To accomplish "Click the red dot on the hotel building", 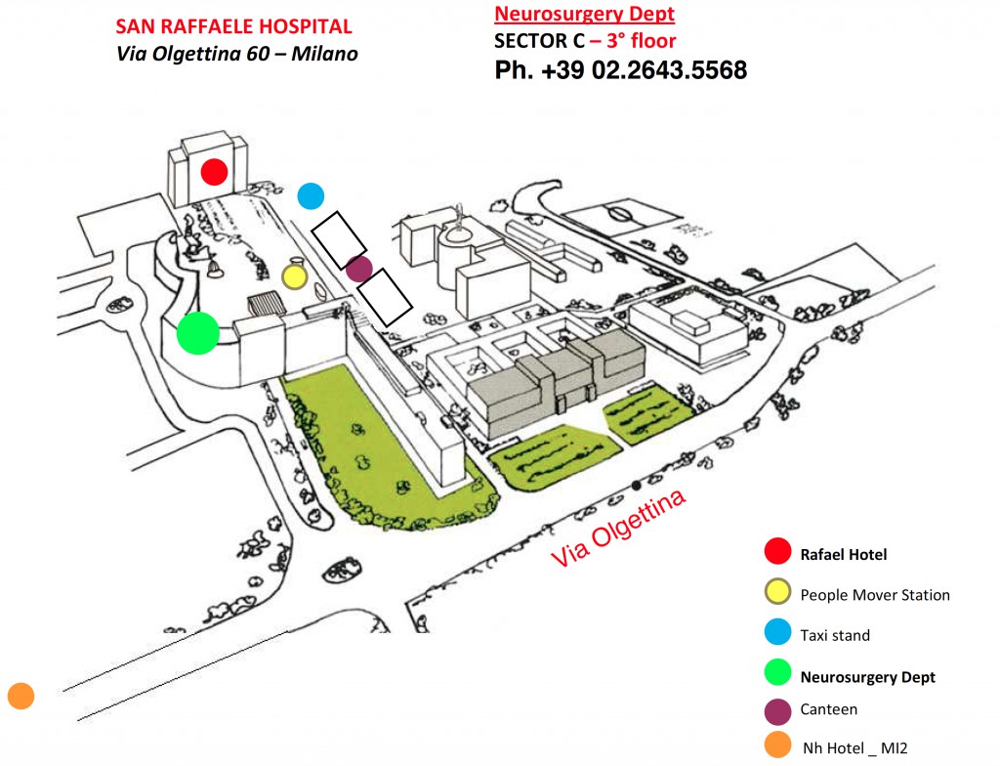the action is click(x=214, y=172).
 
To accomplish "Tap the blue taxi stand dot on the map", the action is click(x=311, y=196).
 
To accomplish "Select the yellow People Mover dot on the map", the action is click(x=295, y=277).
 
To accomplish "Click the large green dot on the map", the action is click(x=198, y=332).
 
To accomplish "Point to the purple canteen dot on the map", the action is click(x=359, y=269).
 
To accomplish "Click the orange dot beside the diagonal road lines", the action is click(x=21, y=696).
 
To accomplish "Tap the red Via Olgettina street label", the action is click(x=618, y=528).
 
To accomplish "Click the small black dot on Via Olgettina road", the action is click(x=636, y=486).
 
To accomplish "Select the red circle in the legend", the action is click(x=777, y=551).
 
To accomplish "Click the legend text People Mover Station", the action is click(x=875, y=595).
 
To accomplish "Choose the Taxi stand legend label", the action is click(x=835, y=635).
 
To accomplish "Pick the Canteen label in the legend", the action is click(x=828, y=709).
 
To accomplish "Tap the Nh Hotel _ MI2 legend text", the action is click(x=854, y=748).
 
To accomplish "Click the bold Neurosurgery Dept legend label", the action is click(x=867, y=677).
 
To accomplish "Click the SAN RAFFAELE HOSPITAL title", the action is click(x=233, y=26).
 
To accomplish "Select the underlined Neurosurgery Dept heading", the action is click(x=584, y=14).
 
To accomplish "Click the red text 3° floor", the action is click(x=641, y=41).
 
